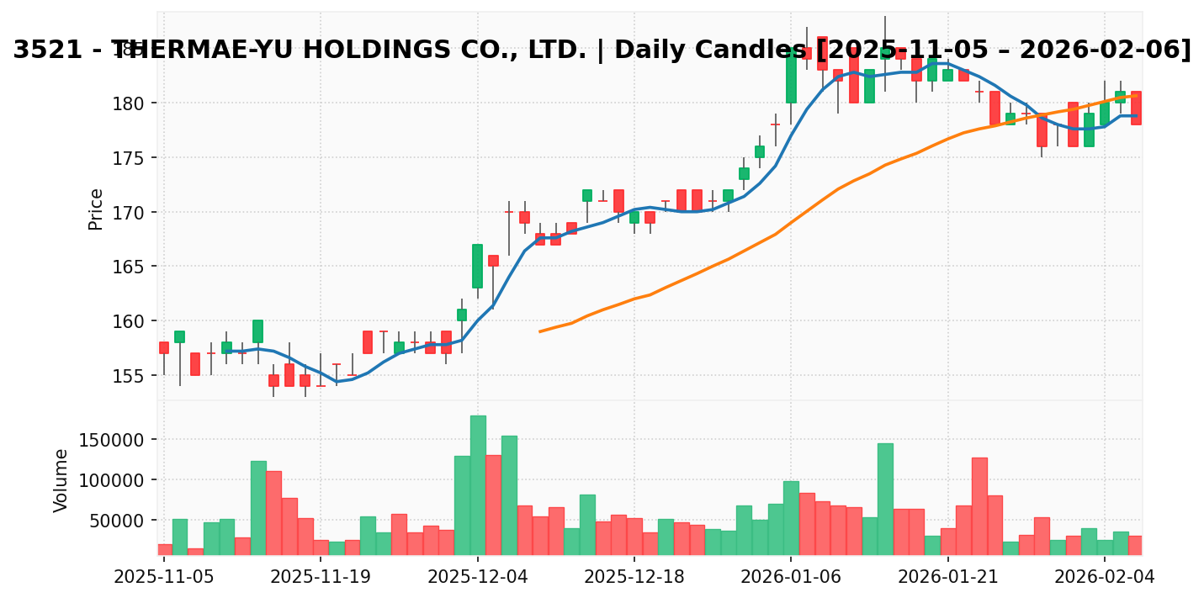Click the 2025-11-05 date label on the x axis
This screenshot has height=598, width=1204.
pyautogui.click(x=164, y=577)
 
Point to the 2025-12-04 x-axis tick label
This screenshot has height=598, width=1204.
pyautogui.click(x=478, y=577)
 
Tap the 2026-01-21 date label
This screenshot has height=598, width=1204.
pyautogui.click(x=948, y=577)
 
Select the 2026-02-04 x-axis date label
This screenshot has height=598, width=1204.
pyautogui.click(x=1105, y=577)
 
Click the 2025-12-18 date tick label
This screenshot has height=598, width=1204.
pyautogui.click(x=634, y=577)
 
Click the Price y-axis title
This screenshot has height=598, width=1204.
pyautogui.click(x=97, y=209)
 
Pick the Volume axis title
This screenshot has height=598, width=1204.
pyautogui.click(x=61, y=480)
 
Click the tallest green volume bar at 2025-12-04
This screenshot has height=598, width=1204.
pyautogui.click(x=478, y=485)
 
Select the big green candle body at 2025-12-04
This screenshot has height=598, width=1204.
pyautogui.click(x=477, y=267)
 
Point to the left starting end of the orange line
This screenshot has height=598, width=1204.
pyautogui.click(x=540, y=331)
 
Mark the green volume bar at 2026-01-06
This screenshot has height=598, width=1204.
pyautogui.click(x=791, y=517)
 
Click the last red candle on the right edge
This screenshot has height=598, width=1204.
pyautogui.click(x=1136, y=108)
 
